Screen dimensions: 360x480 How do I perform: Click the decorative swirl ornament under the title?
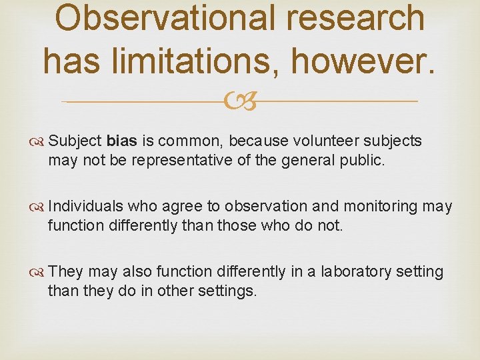tap(240, 101)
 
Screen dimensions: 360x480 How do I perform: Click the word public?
tap(366, 161)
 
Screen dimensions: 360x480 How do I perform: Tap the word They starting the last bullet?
tap(65, 272)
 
